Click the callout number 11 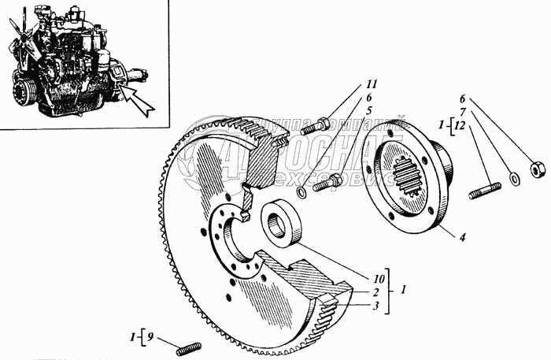click(x=370, y=84)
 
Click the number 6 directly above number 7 click(x=465, y=98)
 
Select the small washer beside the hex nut click(x=513, y=179)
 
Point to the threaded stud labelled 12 click(x=484, y=191)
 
